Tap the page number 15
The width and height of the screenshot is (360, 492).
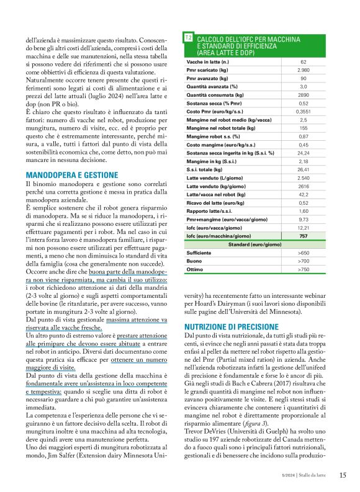point(343,475)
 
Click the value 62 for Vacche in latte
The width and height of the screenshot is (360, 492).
point(303,62)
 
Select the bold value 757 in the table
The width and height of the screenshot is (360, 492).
point(303,236)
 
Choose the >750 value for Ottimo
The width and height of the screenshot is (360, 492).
point(303,270)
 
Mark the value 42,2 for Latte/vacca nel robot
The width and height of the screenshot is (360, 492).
point(303,193)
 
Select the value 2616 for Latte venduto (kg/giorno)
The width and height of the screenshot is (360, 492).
point(303,186)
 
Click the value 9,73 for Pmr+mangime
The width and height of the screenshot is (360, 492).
point(303,219)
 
